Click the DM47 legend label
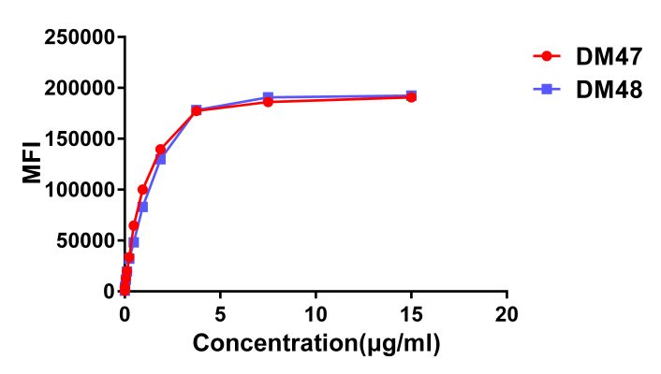pos(608,57)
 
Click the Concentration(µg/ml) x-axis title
pos(316,344)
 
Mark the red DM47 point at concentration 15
pos(411,97)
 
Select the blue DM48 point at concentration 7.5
pos(268,97)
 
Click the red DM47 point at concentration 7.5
pos(268,102)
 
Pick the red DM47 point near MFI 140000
pos(160,150)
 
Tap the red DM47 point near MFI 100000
pos(142,190)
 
